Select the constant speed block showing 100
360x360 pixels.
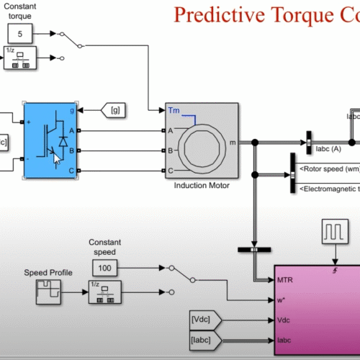click(106, 269)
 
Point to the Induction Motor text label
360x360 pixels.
click(201, 185)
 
